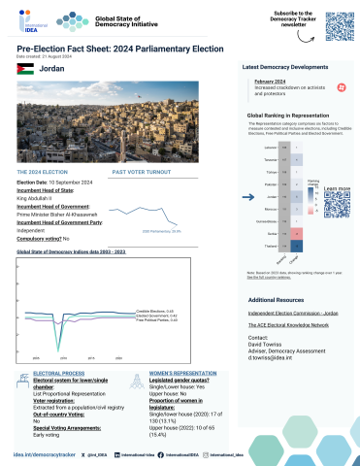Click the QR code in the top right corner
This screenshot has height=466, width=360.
point(336,27)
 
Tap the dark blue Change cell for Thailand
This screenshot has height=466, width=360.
point(297,245)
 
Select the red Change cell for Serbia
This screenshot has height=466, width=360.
point(297,232)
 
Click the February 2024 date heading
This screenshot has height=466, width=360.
point(271,82)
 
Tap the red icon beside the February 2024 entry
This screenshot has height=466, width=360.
point(341,87)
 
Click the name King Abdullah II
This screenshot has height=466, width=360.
point(40,198)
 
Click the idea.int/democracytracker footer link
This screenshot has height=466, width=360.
point(44,453)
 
